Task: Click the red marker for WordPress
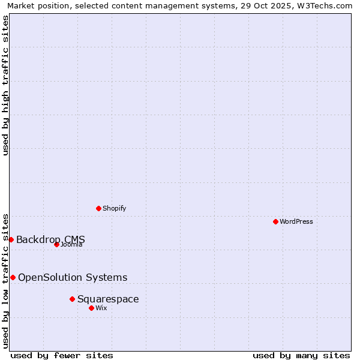coord(275,221)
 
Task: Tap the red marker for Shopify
coord(98,208)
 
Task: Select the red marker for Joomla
coord(56,244)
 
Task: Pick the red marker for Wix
coord(91,308)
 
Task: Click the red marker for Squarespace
coord(72,299)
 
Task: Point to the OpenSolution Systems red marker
coord(13,277)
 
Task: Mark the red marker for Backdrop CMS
coord(11,239)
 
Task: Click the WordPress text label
coord(296,221)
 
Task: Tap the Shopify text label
coord(114,208)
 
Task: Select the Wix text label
coord(101,308)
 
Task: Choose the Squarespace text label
coord(108,299)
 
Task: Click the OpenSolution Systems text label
coord(73,277)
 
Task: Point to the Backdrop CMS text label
coord(50,239)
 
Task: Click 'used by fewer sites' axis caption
coord(62,355)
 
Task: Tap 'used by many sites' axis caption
coord(301,355)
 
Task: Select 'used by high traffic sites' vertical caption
coord(5,85)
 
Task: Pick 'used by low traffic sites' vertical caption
coord(5,280)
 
